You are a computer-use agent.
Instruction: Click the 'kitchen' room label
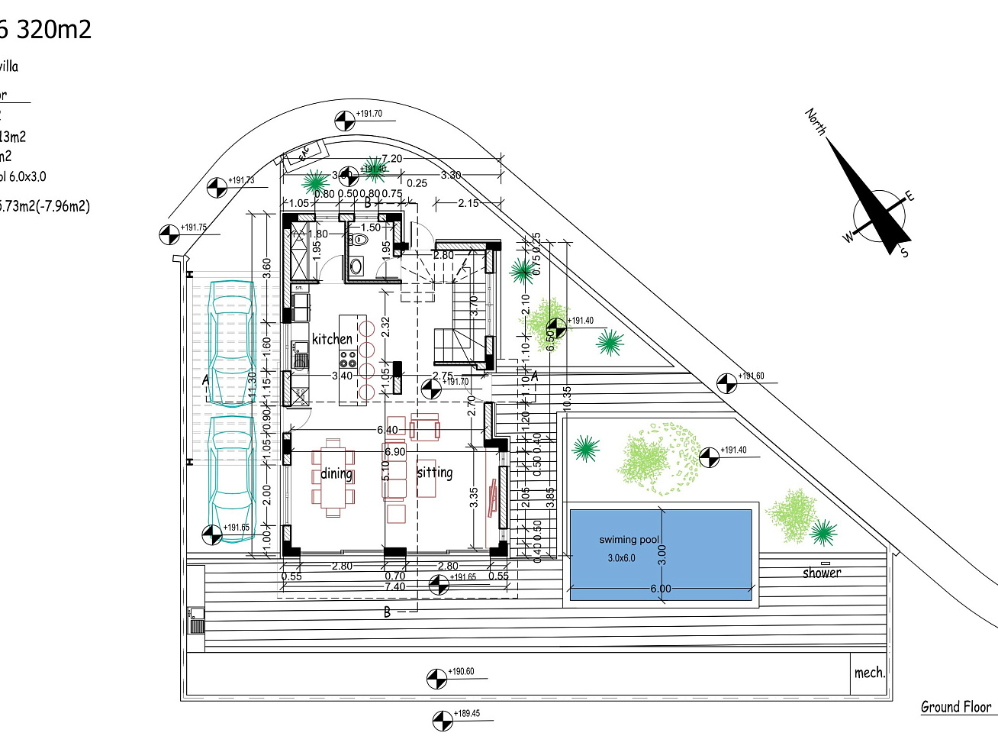(x=333, y=339)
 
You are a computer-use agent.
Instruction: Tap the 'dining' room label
(x=336, y=473)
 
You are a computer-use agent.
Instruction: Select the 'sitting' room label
(x=435, y=473)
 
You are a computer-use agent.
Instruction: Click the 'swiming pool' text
(x=629, y=540)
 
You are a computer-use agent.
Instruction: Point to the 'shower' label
(x=822, y=573)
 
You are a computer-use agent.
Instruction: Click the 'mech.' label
(x=869, y=673)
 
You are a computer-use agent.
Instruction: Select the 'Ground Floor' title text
(x=955, y=707)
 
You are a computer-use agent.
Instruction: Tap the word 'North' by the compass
(x=816, y=121)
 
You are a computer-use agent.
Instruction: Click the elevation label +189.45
(x=467, y=714)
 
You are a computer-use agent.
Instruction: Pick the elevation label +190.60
(x=461, y=672)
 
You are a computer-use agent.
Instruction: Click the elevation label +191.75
(x=194, y=228)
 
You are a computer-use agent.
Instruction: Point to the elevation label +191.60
(x=751, y=376)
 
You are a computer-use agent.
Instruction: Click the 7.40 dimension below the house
(x=395, y=587)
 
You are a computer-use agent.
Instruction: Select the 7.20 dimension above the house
(x=391, y=159)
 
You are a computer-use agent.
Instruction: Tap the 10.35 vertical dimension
(x=567, y=399)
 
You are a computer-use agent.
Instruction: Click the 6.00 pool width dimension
(x=661, y=589)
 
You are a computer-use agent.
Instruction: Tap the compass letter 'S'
(x=904, y=252)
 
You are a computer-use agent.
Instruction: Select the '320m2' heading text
(x=53, y=30)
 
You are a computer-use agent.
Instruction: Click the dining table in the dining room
(x=333, y=478)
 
